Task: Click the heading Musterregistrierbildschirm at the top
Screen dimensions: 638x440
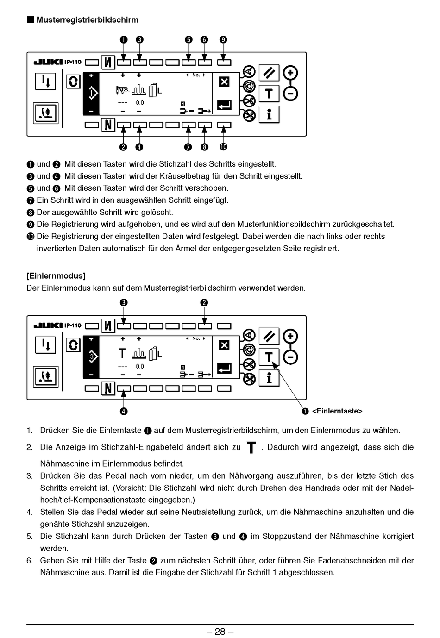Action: coord(87,20)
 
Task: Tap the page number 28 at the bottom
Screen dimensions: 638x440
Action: coord(220,632)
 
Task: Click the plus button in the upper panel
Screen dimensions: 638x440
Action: coord(290,73)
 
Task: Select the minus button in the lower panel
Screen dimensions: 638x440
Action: coord(290,357)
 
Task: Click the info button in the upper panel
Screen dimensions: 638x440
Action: coord(269,114)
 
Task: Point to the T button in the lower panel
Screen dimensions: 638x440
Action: coord(269,357)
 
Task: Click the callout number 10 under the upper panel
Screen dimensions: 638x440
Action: coord(223,147)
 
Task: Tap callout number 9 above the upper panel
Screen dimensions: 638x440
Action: coord(223,39)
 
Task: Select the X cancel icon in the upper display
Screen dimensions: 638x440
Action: coord(224,82)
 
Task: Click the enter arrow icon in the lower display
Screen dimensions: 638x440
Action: coord(224,369)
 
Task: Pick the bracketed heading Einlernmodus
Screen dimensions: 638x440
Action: coord(56,276)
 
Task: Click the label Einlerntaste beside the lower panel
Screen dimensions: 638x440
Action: coord(337,411)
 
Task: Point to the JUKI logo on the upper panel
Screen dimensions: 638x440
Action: coord(48,62)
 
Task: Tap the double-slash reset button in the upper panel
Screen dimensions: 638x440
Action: coord(269,73)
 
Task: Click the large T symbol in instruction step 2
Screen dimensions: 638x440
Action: coord(251,448)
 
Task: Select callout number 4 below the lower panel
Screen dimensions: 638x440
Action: coord(124,411)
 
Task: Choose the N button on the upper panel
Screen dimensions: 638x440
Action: coord(108,125)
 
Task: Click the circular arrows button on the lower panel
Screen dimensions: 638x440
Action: coord(73,345)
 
